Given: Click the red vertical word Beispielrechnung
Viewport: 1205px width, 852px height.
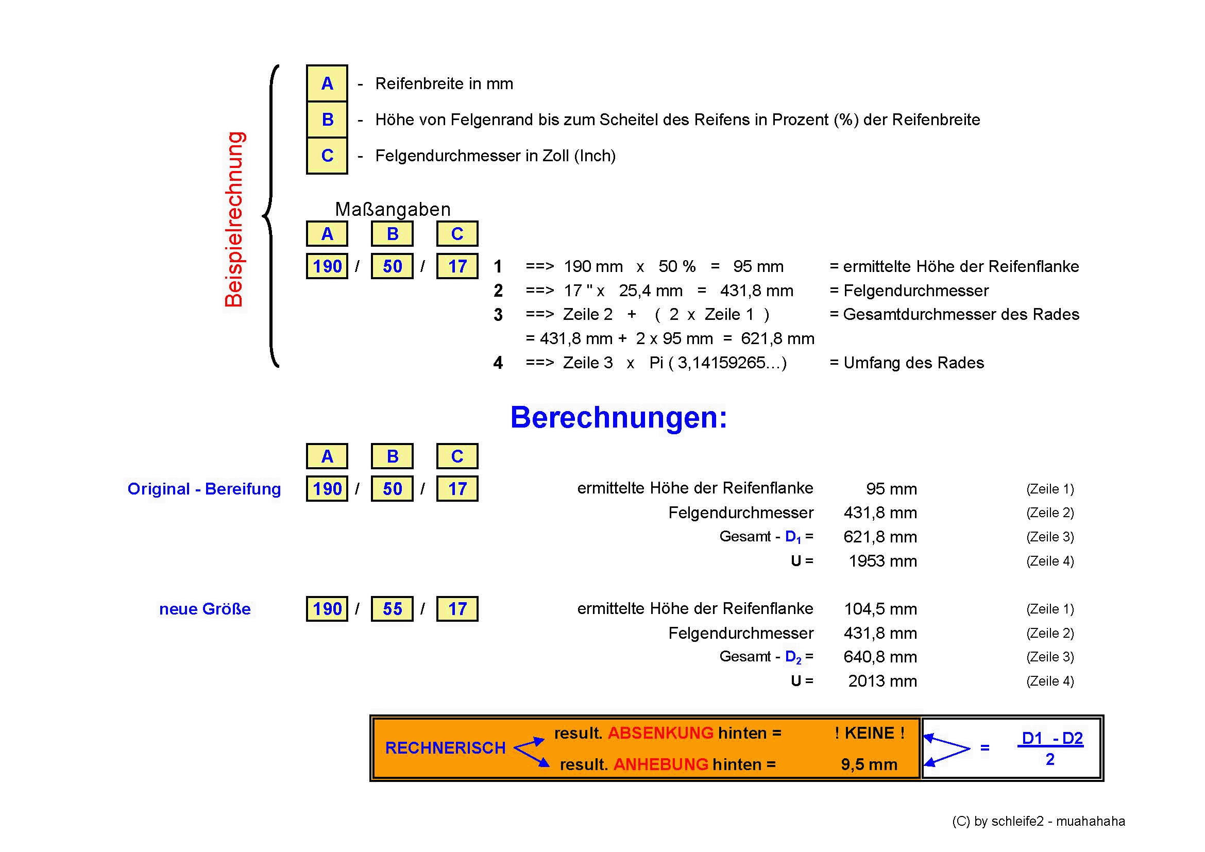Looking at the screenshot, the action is (234, 219).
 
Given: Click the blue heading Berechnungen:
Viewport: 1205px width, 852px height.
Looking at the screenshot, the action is (619, 418).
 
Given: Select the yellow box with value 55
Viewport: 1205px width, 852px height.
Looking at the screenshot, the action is (392, 609).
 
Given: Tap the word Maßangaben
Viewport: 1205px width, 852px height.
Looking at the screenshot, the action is (393, 209).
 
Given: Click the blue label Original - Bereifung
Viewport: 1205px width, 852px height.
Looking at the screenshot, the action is (204, 489).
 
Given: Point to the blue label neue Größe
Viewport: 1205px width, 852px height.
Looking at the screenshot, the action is (205, 609).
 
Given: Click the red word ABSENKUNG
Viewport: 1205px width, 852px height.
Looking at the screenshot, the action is (660, 733).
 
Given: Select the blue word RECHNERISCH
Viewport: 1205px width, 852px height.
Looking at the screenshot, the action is (445, 748).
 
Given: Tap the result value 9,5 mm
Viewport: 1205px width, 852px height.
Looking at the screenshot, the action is (869, 765).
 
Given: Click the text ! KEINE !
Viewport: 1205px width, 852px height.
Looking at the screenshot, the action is (870, 733).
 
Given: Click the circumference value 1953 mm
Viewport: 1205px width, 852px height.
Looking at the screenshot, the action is (883, 561).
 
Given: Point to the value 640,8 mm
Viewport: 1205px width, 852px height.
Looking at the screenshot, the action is (880, 657).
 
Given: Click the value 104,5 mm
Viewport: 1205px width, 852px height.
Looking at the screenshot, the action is (880, 609).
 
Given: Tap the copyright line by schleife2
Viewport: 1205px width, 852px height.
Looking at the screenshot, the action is (1039, 822).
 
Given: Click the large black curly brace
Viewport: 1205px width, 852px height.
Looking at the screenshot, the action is (271, 216).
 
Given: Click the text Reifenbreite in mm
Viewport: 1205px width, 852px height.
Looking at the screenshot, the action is (444, 84).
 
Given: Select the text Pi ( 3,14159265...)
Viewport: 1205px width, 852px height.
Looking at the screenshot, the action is (718, 363).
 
